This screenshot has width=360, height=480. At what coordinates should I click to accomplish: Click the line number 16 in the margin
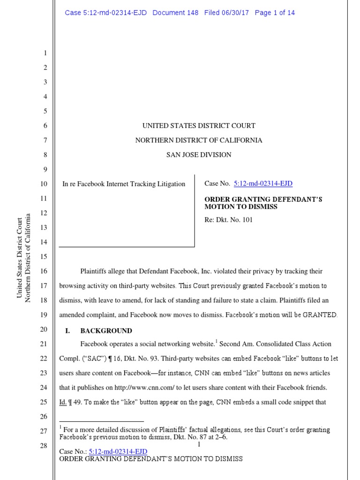click(45, 271)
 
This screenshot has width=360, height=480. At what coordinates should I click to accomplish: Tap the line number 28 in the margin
click(45, 445)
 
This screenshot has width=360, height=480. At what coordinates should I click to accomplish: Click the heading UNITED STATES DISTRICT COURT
click(199, 126)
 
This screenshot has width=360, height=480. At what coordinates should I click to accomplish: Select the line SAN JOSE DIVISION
click(199, 155)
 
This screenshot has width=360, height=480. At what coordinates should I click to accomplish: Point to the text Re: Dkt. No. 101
click(228, 219)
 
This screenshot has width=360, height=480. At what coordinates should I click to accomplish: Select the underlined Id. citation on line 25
click(63, 402)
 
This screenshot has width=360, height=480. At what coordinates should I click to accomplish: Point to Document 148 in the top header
click(175, 13)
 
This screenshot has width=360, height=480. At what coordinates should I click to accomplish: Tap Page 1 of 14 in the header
click(275, 13)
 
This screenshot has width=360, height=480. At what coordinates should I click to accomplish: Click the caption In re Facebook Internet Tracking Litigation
click(124, 184)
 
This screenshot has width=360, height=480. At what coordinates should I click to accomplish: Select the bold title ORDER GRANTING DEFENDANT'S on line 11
click(263, 199)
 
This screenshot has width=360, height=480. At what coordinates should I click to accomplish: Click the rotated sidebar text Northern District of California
click(28, 258)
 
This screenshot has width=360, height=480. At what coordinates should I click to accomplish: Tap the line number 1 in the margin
click(45, 53)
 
